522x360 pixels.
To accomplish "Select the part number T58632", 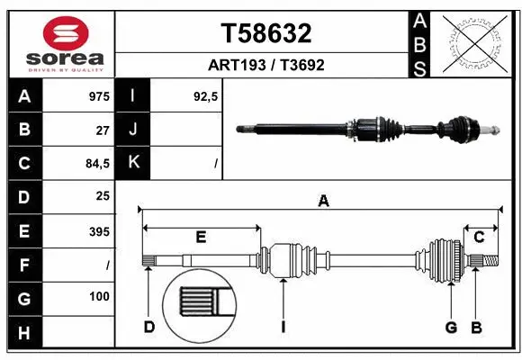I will [x=266, y=33].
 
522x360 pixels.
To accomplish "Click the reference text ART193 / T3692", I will [x=266, y=65].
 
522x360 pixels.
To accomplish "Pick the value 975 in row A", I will [x=99, y=95].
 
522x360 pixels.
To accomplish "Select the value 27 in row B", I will [x=103, y=130].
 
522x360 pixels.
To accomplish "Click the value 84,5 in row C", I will [x=96, y=164].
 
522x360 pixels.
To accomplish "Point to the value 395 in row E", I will [x=99, y=231].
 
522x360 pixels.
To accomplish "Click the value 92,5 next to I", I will [x=206, y=95].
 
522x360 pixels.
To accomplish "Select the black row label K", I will [x=133, y=163].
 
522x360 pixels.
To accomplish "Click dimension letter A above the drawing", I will [x=323, y=202].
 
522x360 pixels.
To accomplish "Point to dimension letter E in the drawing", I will [x=201, y=237].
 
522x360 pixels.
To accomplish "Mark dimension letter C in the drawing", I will [x=480, y=237].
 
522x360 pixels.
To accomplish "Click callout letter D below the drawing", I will [x=149, y=327].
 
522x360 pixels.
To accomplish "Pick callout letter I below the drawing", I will [x=283, y=327].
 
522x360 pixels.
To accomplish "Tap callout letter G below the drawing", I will [x=451, y=327].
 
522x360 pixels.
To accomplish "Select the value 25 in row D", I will [x=103, y=196].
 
